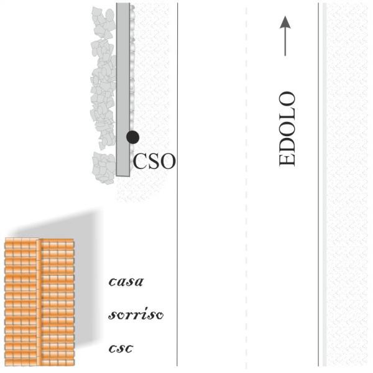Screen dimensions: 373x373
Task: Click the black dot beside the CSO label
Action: pos(132,137)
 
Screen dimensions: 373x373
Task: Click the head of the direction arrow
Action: pos(285,22)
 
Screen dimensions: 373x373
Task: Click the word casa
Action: pos(126,282)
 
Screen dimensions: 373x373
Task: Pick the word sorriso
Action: pos(136,315)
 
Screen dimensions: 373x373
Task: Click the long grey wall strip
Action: pos(123,87)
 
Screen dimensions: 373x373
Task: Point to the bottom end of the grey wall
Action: pos(123,174)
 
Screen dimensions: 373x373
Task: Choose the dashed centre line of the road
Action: pos(247,186)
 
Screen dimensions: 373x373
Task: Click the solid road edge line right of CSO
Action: pos(177,186)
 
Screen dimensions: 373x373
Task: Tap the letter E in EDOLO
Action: pos(287,159)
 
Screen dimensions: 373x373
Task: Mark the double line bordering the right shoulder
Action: pos(321,186)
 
